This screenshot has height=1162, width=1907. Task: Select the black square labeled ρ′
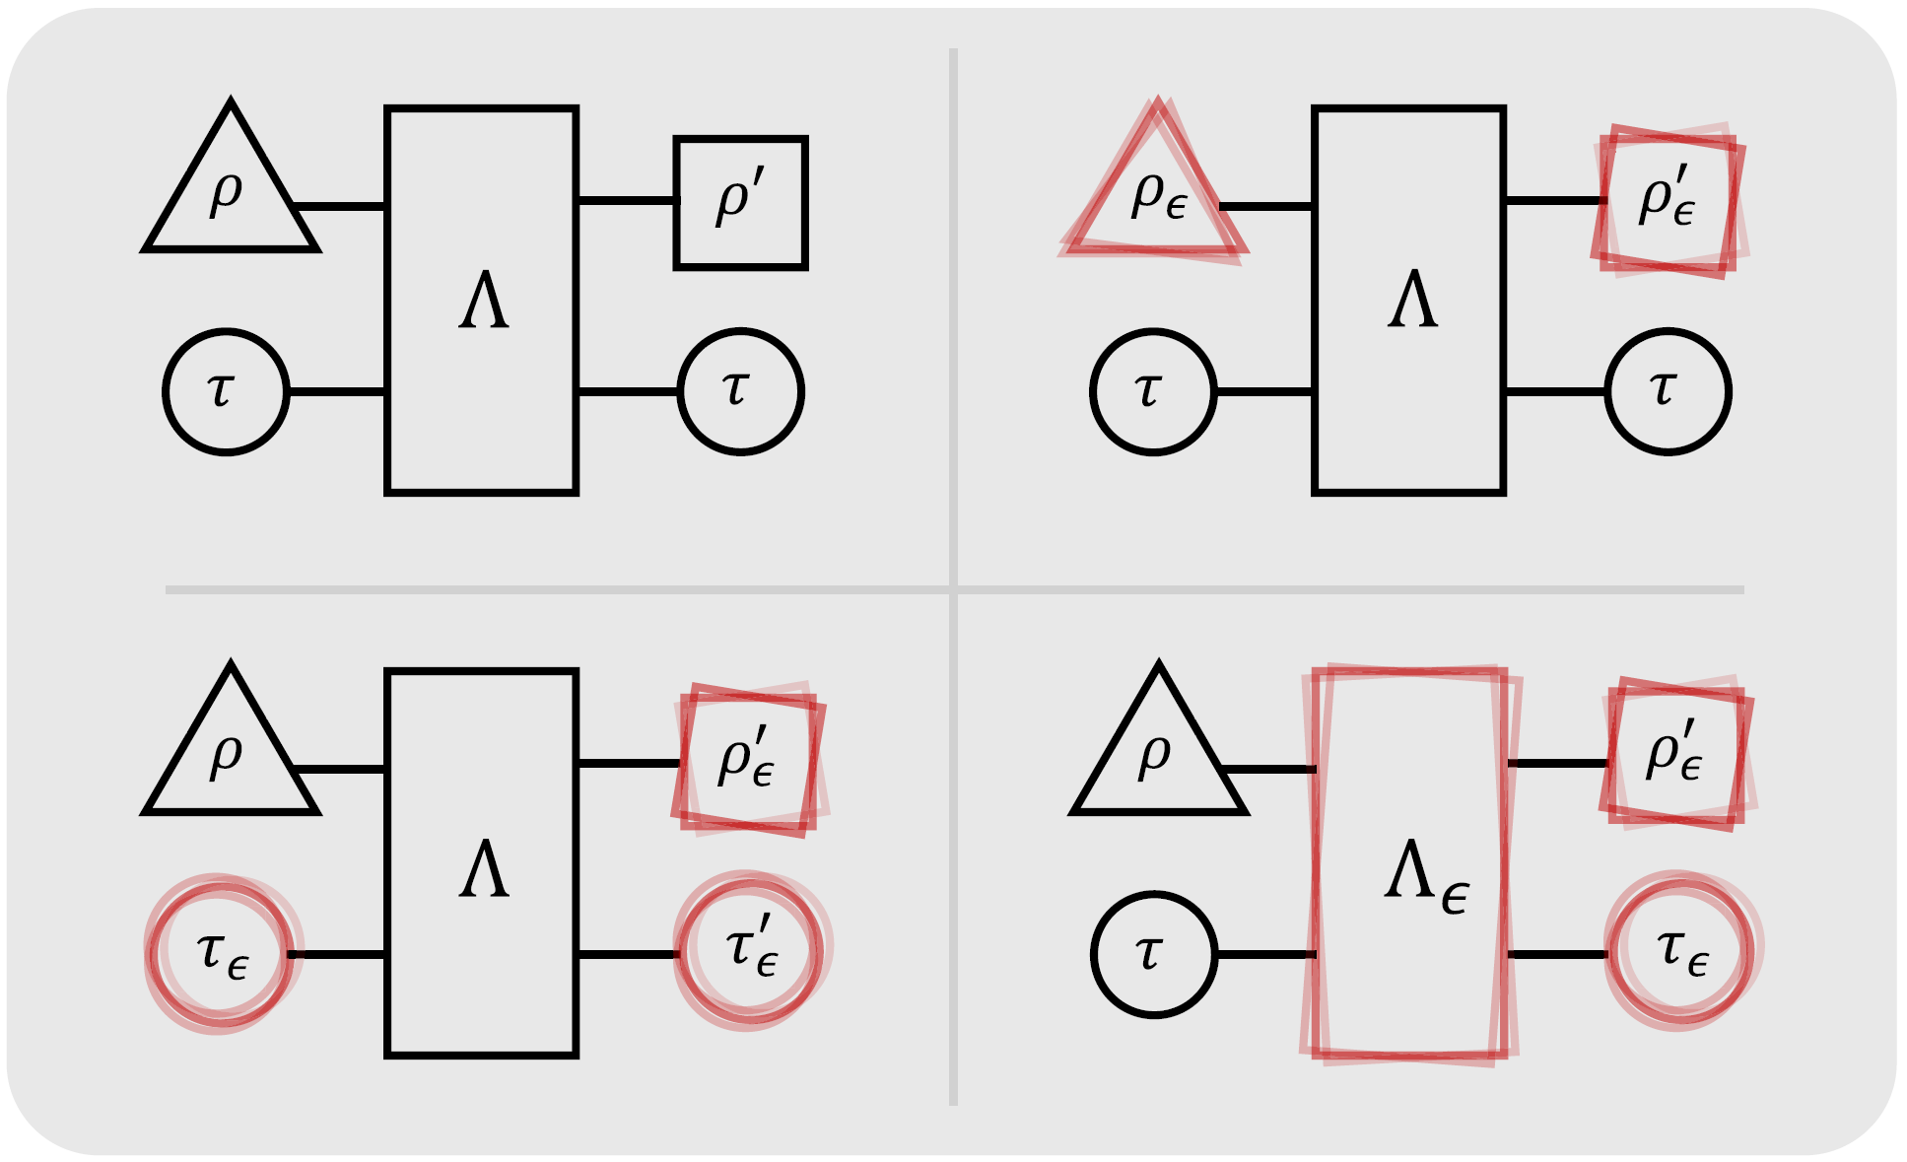[x=741, y=203]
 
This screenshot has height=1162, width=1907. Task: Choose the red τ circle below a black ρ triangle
[x=223, y=952]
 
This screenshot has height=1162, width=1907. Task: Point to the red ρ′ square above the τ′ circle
[x=749, y=759]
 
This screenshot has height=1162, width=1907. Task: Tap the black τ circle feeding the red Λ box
[x=1154, y=954]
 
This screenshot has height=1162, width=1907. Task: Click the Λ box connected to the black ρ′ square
[x=482, y=300]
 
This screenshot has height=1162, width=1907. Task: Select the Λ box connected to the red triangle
[x=1409, y=300]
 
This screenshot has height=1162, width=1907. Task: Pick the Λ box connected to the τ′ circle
[x=482, y=863]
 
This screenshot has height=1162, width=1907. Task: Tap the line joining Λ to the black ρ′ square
[x=627, y=201]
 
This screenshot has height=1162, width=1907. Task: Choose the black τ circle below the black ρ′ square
[x=741, y=392]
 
